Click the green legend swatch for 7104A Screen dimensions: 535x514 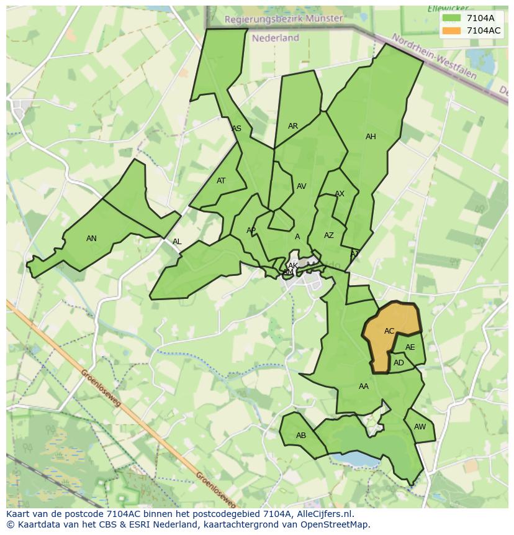[452, 18]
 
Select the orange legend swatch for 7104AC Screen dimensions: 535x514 [452, 30]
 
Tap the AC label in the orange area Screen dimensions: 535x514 [389, 331]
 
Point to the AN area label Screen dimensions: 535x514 [91, 239]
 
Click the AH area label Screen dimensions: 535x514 [371, 137]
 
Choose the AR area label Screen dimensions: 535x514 [293, 126]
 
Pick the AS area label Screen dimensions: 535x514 [237, 129]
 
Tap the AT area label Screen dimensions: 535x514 [221, 181]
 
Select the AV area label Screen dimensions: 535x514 [302, 186]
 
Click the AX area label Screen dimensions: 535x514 [340, 194]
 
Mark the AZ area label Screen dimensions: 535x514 [329, 235]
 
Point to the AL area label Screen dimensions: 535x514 [177, 242]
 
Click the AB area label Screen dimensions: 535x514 [301, 436]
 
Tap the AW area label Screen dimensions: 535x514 [420, 427]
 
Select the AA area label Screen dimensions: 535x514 [364, 386]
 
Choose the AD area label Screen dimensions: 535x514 [399, 363]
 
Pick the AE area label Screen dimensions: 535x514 [410, 348]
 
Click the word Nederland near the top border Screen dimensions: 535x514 [276, 38]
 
